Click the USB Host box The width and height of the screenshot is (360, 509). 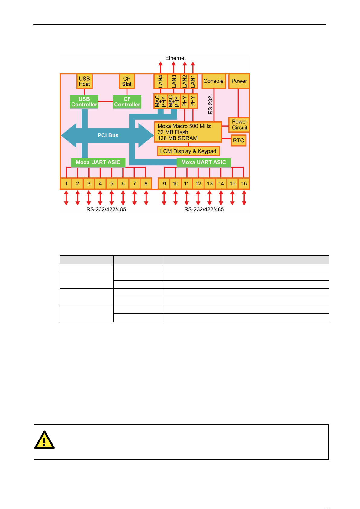pyautogui.click(x=84, y=81)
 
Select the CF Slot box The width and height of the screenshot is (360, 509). pyautogui.click(x=127, y=81)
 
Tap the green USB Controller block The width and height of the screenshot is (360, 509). pyautogui.click(x=84, y=102)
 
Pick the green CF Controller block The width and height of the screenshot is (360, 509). pyautogui.click(x=127, y=102)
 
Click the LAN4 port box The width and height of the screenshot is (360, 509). pyautogui.click(x=160, y=81)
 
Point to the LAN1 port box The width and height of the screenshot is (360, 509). pyautogui.click(x=193, y=81)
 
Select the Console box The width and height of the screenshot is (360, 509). pyautogui.click(x=214, y=81)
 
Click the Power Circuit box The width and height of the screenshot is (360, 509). pyautogui.click(x=239, y=125)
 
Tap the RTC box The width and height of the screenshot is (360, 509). pyautogui.click(x=239, y=140)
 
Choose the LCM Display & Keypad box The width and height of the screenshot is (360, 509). pyautogui.click(x=188, y=151)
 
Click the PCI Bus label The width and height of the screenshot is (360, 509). pyautogui.click(x=108, y=135)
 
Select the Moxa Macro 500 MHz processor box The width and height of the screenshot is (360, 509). pyautogui.click(x=188, y=132)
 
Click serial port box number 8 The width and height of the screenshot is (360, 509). pyautogui.click(x=146, y=184)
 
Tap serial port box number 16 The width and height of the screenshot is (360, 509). pyautogui.click(x=244, y=184)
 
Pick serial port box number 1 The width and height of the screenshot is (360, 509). pyautogui.click(x=66, y=184)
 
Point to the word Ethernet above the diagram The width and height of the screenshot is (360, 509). pyautogui.click(x=175, y=58)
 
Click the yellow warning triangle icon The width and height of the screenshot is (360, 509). pyautogui.click(x=44, y=440)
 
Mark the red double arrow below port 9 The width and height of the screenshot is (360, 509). pyautogui.click(x=164, y=198)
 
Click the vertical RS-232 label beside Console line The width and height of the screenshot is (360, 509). pyautogui.click(x=210, y=105)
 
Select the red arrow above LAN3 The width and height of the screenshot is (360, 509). pyautogui.click(x=174, y=68)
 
